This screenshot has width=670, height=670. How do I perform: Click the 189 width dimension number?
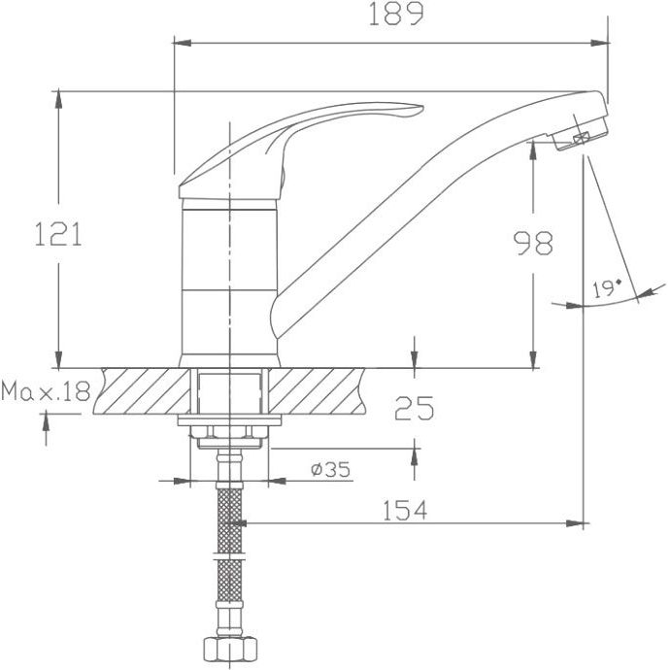pos(395,15)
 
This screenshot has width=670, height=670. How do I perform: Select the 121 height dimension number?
pos(58,234)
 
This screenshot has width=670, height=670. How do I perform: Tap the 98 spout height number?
pos(533,243)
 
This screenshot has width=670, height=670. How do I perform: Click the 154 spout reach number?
pos(405,510)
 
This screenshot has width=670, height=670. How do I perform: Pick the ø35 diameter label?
pos(331,469)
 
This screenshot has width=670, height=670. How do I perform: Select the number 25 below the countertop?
pos(414,408)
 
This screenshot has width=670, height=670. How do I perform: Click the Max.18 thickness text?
pos(46,391)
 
